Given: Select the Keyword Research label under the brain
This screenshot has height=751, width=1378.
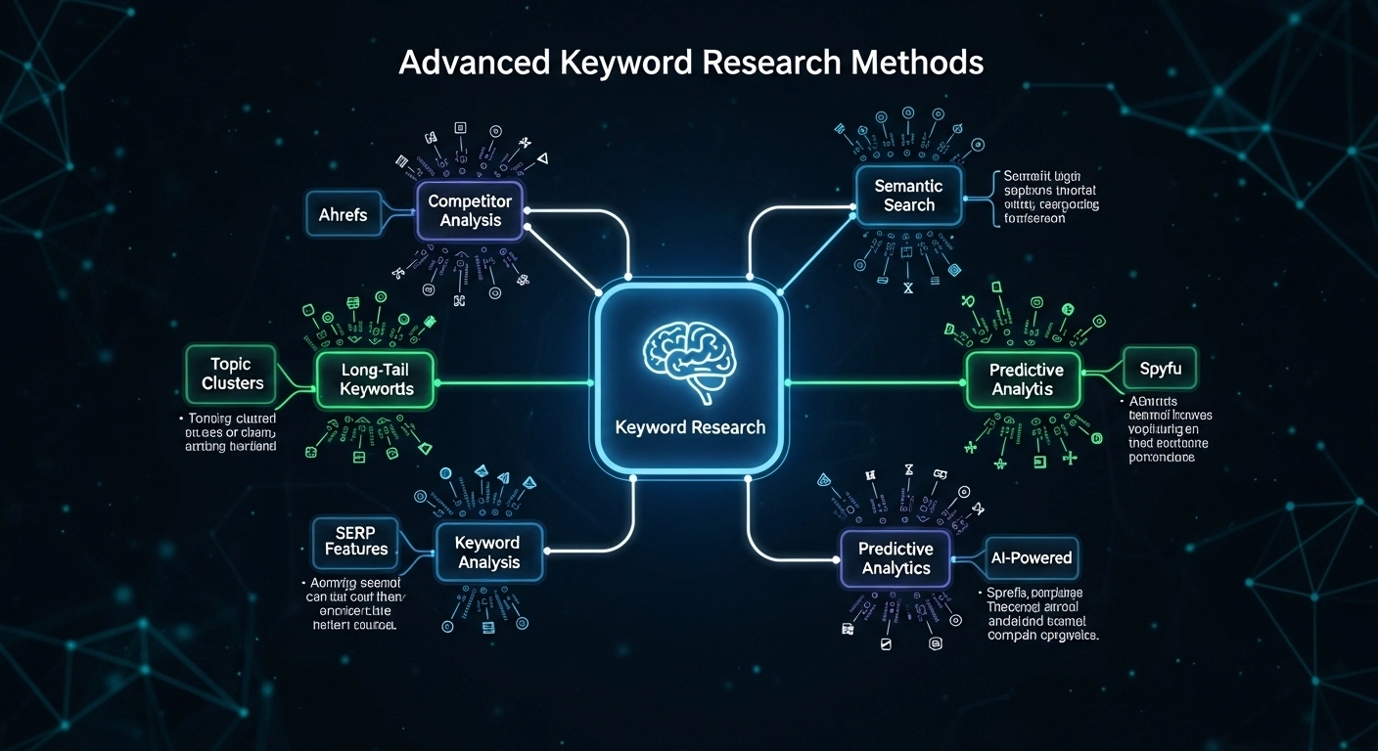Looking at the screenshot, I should tap(690, 427).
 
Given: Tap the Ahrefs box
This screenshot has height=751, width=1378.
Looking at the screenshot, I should tap(343, 214).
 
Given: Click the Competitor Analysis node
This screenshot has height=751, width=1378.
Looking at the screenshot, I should tap(471, 210).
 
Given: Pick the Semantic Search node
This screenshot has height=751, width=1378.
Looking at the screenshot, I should tap(908, 195).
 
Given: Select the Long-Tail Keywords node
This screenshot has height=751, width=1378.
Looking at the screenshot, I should tap(377, 379).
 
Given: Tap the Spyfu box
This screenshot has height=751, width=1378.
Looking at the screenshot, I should tap(1160, 370).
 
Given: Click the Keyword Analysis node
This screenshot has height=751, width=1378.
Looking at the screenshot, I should tap(488, 552).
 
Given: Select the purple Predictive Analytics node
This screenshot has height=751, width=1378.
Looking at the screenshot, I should tap(896, 559).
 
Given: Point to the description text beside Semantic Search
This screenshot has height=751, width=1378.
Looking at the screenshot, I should tap(1051, 198).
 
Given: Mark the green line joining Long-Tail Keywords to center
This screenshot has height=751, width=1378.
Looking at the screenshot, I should tap(514, 381).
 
